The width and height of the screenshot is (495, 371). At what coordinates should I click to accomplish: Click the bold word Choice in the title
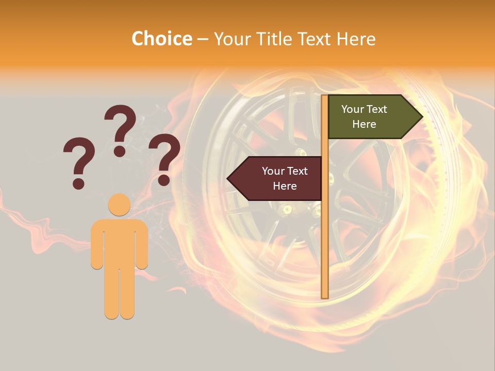(161, 39)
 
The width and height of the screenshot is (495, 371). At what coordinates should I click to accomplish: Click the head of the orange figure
(119, 205)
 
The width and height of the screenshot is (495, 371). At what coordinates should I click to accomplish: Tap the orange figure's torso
(119, 242)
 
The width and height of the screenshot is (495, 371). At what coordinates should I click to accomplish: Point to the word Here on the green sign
(364, 124)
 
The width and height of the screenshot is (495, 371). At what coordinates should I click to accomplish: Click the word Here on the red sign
(285, 186)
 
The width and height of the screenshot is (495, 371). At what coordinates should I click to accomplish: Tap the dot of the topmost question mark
(120, 151)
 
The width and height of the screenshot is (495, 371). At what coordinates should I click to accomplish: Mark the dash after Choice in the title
(203, 40)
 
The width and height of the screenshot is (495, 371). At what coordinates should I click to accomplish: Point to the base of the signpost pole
(325, 296)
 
